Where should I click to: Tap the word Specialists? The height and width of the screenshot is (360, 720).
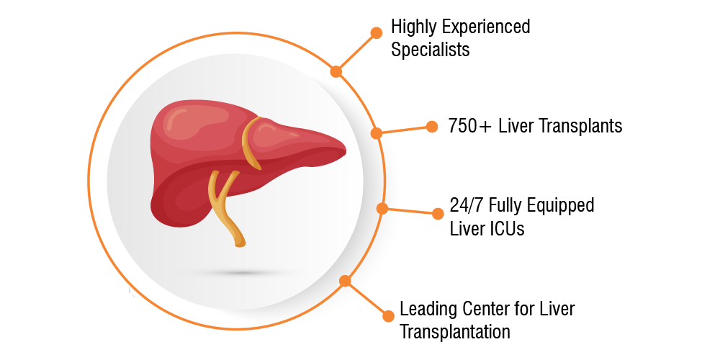(431, 50)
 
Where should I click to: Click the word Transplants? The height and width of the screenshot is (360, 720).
(582, 126)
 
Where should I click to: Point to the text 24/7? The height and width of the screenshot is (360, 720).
(467, 205)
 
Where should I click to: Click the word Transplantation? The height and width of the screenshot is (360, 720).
(455, 331)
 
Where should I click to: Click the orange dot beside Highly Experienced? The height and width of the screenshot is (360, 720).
(376, 32)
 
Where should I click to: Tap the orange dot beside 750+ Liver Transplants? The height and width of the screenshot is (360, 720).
(432, 127)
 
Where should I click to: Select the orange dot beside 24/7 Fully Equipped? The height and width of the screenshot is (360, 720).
(438, 214)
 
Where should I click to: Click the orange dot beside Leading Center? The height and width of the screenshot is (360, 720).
(389, 316)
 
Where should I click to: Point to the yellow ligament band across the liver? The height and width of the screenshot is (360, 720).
(251, 143)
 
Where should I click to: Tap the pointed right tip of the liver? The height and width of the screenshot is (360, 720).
(345, 148)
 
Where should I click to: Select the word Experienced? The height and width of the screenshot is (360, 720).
(486, 27)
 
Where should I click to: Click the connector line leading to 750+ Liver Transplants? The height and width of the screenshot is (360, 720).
(404, 130)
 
